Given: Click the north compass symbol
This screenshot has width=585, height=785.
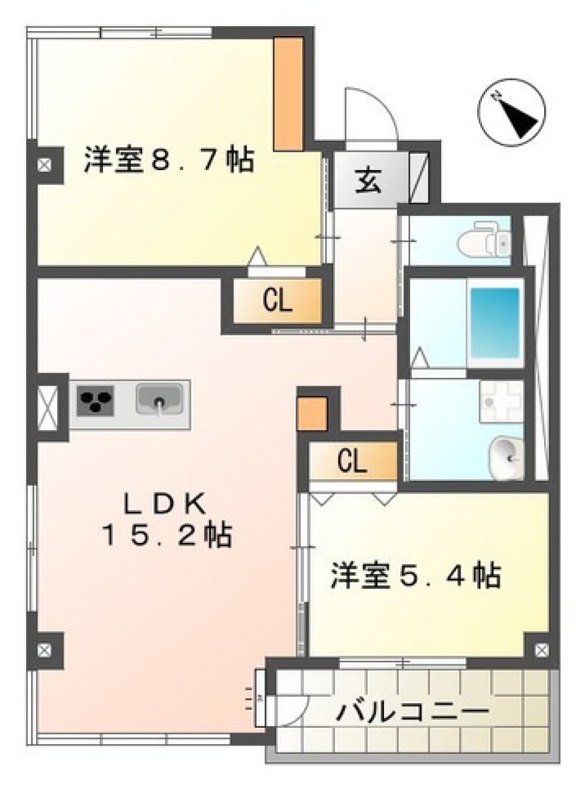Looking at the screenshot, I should pos(511,113).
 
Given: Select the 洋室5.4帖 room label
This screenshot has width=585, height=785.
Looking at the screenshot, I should pos(416,575).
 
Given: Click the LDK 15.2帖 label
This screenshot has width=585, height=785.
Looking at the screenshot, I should pos(166,519).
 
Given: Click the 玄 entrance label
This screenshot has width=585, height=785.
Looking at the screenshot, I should pos(368,181).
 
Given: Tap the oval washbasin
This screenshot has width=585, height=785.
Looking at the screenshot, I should pos(506,456).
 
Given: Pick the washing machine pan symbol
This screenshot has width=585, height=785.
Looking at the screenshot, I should pos(501,402).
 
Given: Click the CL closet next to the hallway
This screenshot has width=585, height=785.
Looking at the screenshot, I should pos(277,300).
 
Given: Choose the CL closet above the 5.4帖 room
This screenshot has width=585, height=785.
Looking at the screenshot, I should pos(352,461).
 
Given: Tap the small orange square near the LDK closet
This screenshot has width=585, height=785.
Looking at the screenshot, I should pos(313,413).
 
